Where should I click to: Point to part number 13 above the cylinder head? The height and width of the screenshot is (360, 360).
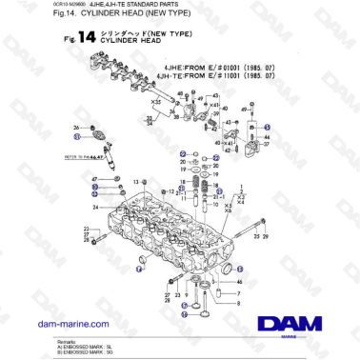click(x=136, y=182)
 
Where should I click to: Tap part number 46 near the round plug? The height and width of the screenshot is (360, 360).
click(x=239, y=283)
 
